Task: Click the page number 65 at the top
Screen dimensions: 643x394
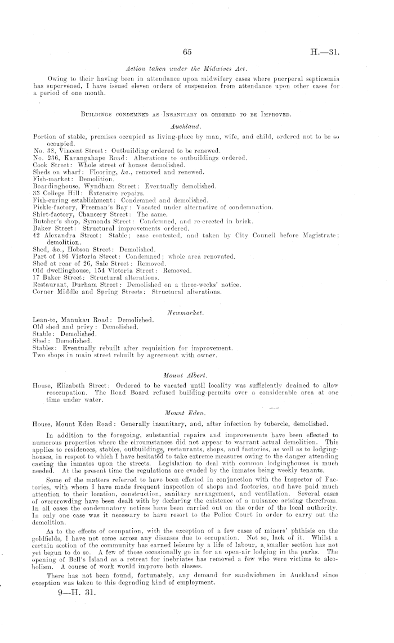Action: pos(189,52)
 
